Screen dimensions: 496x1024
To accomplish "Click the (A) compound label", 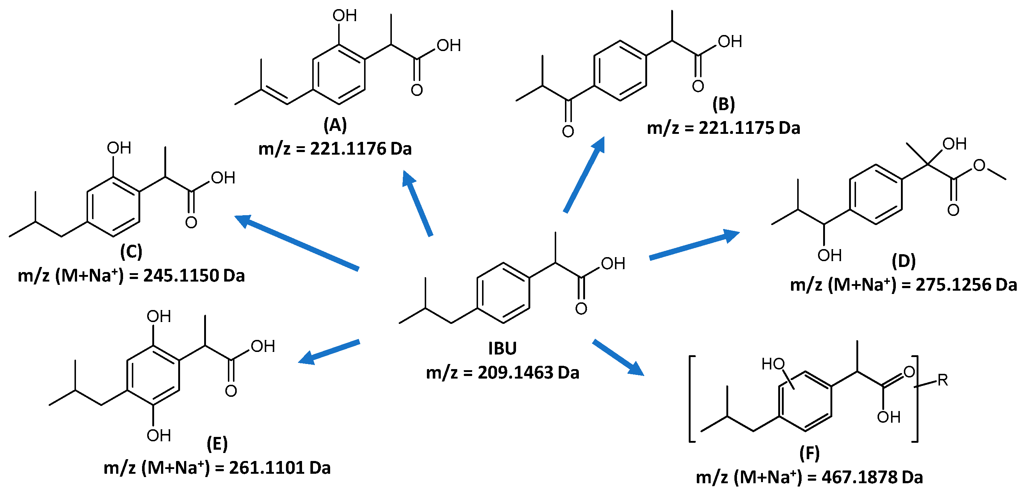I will coord(335,125).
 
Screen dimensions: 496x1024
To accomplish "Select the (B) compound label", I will coord(723,104).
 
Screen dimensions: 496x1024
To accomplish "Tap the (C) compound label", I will coord(131,252).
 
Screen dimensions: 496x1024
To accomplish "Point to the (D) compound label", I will coord(903,261).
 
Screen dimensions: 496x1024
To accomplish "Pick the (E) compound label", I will coord(217,444).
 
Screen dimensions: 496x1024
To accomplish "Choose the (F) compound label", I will coord(809,453).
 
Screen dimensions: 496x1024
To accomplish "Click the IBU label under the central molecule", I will coord(502,349).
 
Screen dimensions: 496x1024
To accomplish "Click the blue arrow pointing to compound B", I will coord(584,175).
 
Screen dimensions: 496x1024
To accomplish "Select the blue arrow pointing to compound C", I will coord(296,242).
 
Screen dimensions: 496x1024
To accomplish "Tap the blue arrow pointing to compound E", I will coord(329,352).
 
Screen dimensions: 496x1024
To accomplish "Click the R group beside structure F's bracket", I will coord(943,380).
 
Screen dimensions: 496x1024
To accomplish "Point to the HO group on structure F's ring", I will coord(772,364).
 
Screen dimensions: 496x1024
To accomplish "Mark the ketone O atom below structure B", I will coord(568,131).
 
